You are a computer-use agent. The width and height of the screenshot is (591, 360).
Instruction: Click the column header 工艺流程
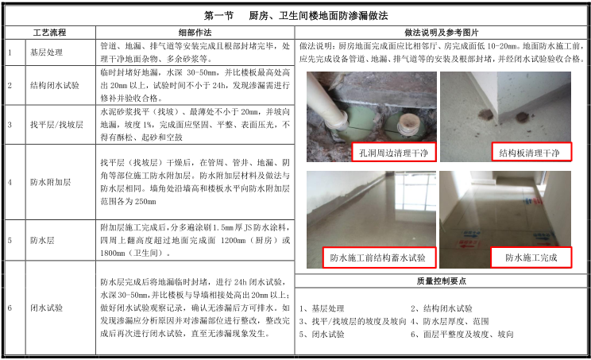[49, 33]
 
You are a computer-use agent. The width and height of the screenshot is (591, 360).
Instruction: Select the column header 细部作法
[195, 33]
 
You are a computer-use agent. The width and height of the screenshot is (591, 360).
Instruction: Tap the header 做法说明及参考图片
[442, 33]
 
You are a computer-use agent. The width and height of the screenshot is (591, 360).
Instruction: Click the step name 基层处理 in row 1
[46, 52]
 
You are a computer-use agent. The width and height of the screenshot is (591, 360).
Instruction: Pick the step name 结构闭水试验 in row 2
[55, 86]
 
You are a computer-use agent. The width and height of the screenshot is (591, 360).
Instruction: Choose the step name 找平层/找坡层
[56, 125]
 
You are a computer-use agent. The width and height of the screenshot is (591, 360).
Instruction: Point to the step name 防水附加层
[51, 182]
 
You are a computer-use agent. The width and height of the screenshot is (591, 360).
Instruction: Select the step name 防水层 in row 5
[42, 240]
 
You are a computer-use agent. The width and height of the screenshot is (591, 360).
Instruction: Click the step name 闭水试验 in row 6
[46, 308]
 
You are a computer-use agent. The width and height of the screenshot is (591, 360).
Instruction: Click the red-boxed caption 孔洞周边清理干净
[394, 153]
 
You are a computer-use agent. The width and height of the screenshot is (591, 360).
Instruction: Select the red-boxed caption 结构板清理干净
[531, 153]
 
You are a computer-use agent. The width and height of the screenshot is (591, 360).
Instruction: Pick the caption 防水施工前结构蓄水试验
[379, 257]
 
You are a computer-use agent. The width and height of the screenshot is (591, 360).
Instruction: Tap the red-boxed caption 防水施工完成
[531, 257]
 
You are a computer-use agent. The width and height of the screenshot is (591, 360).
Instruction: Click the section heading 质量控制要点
[442, 281]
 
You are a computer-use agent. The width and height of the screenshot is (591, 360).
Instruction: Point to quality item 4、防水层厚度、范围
[450, 321]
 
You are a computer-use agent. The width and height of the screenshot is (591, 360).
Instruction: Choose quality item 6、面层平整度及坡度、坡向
[462, 334]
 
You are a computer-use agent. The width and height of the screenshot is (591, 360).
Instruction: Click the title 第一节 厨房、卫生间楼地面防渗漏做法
[295, 16]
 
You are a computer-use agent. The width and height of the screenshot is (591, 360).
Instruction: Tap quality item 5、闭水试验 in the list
[322, 334]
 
